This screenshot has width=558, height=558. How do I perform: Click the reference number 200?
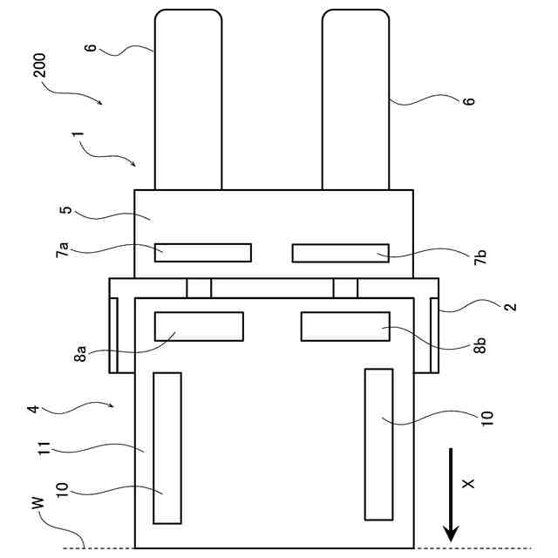44,65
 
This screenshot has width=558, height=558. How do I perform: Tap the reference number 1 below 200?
78,139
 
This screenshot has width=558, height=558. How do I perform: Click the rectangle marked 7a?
202,252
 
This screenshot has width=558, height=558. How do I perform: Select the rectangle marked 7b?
340,253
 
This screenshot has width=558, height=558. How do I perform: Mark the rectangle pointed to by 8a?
199,325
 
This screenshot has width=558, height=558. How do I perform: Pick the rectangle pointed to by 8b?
344,325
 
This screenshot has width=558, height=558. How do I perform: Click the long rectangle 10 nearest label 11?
167,447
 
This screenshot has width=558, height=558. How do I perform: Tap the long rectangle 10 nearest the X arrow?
378,443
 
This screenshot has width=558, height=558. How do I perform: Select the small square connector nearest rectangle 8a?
199,288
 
